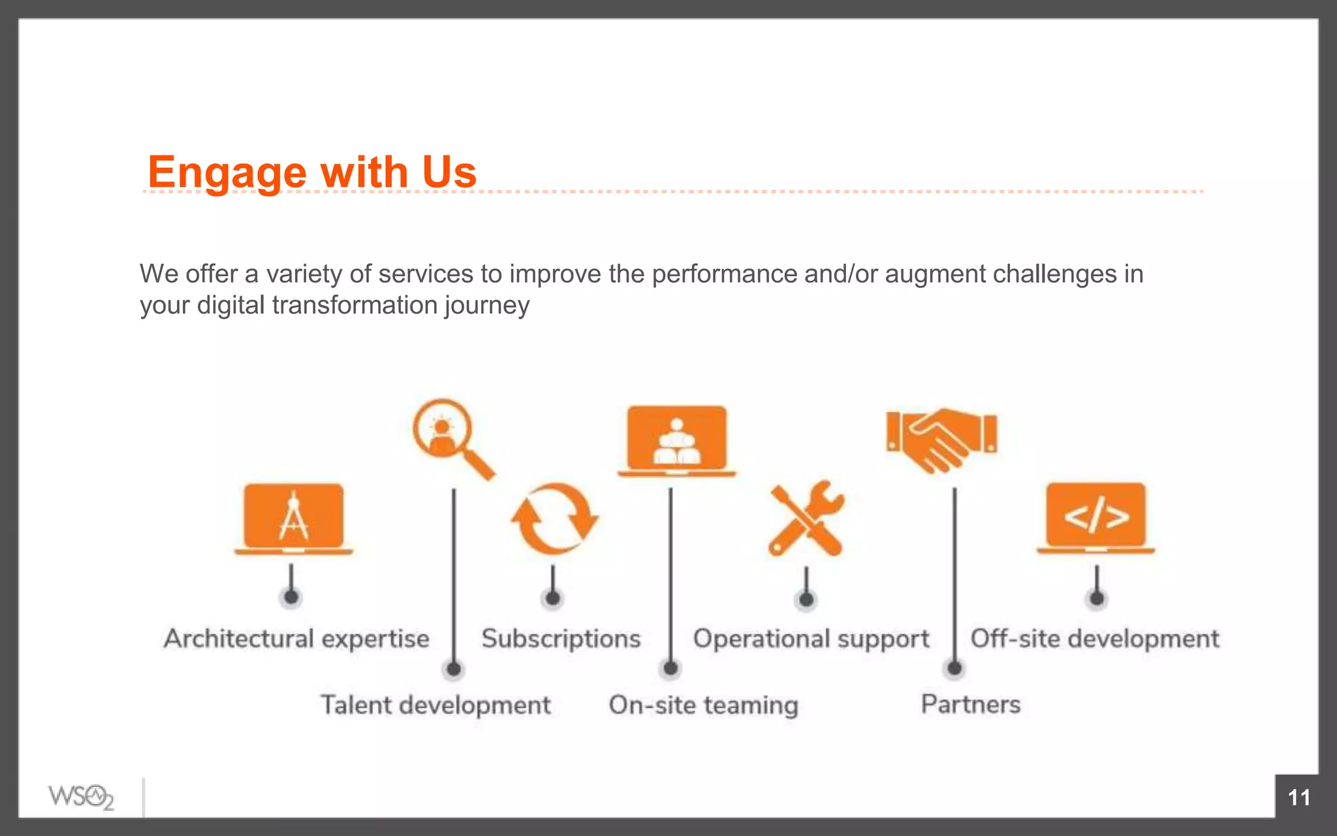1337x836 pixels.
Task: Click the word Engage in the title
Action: point(227,172)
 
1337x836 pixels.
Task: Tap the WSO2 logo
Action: point(81,797)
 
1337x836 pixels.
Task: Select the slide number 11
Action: point(1298,797)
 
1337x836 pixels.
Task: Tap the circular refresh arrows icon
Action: point(554,519)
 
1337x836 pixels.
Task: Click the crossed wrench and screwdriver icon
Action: point(807,519)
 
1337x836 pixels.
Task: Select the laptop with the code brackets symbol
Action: point(1096,518)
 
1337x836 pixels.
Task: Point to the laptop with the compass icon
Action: point(294,519)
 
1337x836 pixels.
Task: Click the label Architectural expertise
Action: point(296,639)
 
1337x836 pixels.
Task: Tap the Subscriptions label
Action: point(561,639)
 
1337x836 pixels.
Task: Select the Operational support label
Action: point(811,639)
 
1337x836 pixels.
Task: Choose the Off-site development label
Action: point(1095,639)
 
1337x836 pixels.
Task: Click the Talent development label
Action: point(435,705)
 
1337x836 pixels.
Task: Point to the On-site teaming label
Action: point(703,705)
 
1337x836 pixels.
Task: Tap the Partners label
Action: point(970,704)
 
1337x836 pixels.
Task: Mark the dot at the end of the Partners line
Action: point(954,668)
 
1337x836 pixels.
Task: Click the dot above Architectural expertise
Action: point(291,597)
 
